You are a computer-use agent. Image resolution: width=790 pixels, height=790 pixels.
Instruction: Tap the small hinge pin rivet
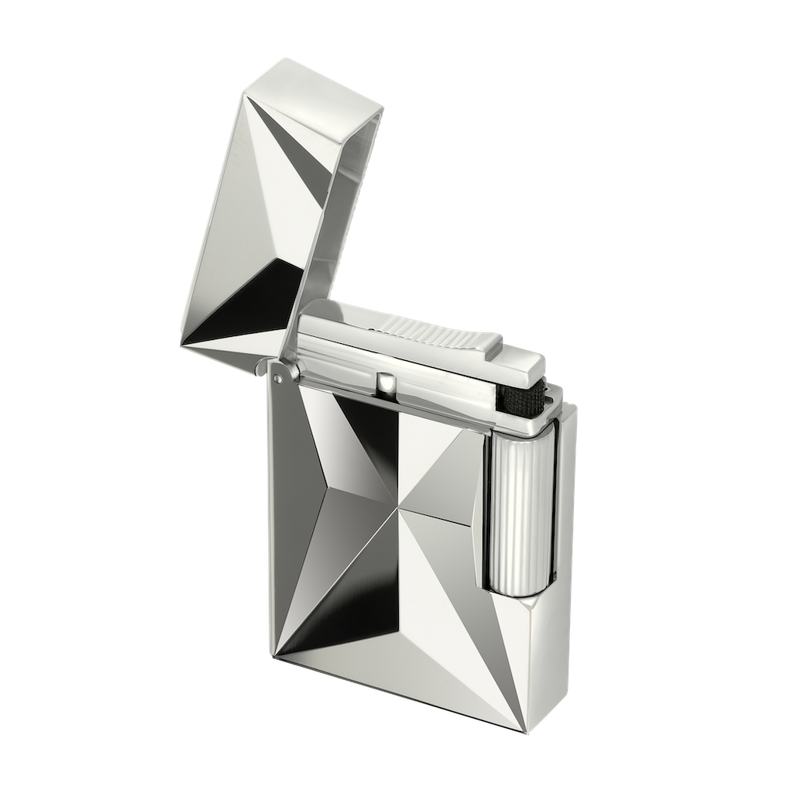click(277, 378)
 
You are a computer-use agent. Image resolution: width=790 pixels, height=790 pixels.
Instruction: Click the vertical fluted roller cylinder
click(512, 515)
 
